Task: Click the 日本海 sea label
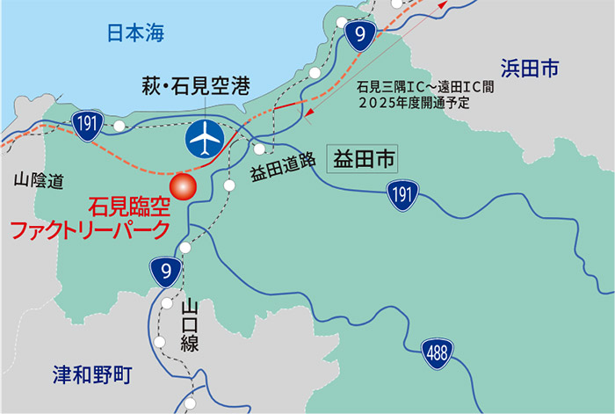point(135,33)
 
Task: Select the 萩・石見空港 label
point(196,86)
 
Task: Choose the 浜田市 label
point(530,69)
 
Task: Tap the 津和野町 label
point(91,377)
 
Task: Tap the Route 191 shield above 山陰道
point(86,124)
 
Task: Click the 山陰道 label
point(39,182)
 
